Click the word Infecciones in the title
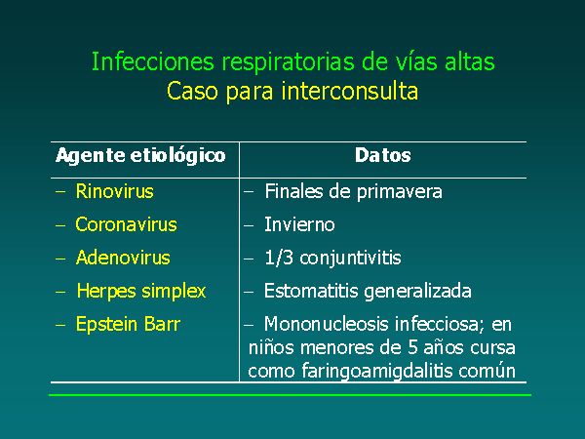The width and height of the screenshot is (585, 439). pos(153,61)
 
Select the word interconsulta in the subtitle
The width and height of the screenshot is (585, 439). pos(350,91)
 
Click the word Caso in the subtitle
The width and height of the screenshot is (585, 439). pos(192,91)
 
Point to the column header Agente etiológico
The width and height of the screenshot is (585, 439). pos(140,156)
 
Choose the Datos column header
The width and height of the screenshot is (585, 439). pos(383,155)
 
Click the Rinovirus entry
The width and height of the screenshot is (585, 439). pos(114,191)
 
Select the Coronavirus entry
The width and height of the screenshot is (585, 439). pos(126,224)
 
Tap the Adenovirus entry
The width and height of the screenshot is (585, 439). pos(123,258)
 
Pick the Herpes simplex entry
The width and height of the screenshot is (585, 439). pos(141,292)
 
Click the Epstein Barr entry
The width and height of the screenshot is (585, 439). pos(128,324)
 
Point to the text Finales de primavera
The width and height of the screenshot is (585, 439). pos(353,192)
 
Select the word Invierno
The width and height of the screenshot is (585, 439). pos(299,224)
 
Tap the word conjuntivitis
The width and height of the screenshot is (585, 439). pos(350,259)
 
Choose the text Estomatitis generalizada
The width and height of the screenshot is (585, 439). pos(368,292)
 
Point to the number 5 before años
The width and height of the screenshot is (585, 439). pos(412,347)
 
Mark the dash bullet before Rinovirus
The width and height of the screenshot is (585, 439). pos(60,192)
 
